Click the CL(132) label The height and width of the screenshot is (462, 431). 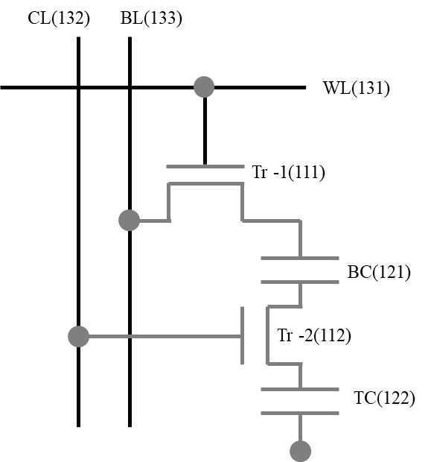(x=59, y=19)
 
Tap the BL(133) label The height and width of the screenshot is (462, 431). (x=151, y=19)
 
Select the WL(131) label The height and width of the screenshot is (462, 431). (x=357, y=88)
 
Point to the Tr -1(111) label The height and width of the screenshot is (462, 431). (x=289, y=172)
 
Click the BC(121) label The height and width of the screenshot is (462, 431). (x=379, y=272)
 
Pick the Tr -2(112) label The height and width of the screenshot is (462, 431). (x=314, y=335)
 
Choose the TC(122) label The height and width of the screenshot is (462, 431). (x=384, y=398)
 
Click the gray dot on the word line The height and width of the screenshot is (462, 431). (x=204, y=87)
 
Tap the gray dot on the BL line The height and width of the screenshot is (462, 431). (x=130, y=220)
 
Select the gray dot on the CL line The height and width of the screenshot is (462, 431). (x=79, y=337)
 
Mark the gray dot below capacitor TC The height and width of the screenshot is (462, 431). (x=300, y=451)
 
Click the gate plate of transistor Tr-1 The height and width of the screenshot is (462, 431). (x=205, y=166)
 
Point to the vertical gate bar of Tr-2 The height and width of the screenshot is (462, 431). (x=242, y=335)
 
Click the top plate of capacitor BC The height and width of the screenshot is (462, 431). (x=300, y=259)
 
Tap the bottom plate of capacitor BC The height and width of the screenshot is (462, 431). (x=300, y=282)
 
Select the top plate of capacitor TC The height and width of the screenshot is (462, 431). (x=300, y=390)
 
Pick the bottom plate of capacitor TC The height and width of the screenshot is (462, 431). (x=300, y=414)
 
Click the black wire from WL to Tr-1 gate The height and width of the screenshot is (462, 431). (x=205, y=131)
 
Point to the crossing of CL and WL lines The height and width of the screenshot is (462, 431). (x=78, y=87)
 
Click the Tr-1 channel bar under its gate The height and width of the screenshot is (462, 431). (x=205, y=184)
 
